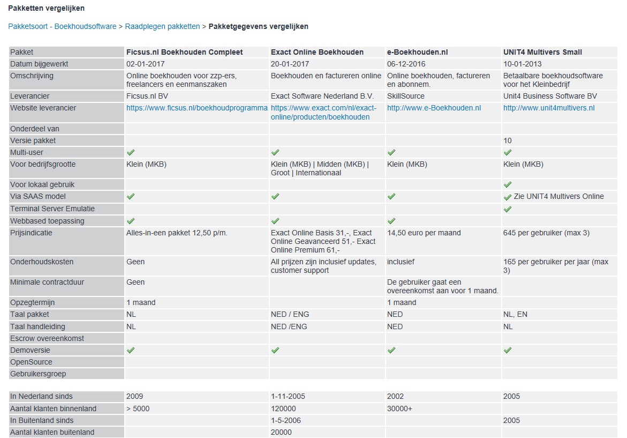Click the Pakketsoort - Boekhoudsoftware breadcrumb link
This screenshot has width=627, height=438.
(x=62, y=26)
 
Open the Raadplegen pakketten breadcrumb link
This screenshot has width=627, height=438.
(x=162, y=26)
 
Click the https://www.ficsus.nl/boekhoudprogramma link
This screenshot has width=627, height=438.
(x=197, y=108)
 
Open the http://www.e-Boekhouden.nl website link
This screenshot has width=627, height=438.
(x=434, y=108)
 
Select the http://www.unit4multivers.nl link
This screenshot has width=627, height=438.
(x=549, y=108)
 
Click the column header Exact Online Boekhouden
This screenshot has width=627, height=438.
(x=317, y=52)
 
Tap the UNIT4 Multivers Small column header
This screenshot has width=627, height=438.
(x=542, y=52)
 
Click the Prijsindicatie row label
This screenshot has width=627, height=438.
(x=31, y=233)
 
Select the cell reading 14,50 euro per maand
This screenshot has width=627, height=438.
(x=424, y=233)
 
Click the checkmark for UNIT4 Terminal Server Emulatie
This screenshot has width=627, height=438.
(x=508, y=209)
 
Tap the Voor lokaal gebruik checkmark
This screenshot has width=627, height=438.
(x=508, y=184)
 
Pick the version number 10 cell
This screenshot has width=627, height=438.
(x=508, y=140)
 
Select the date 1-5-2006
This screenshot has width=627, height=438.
(x=286, y=420)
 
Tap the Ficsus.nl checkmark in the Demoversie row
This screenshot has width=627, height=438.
(x=131, y=350)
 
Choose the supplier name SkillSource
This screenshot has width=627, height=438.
(x=405, y=96)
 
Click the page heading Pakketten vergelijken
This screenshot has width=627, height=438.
(x=46, y=8)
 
